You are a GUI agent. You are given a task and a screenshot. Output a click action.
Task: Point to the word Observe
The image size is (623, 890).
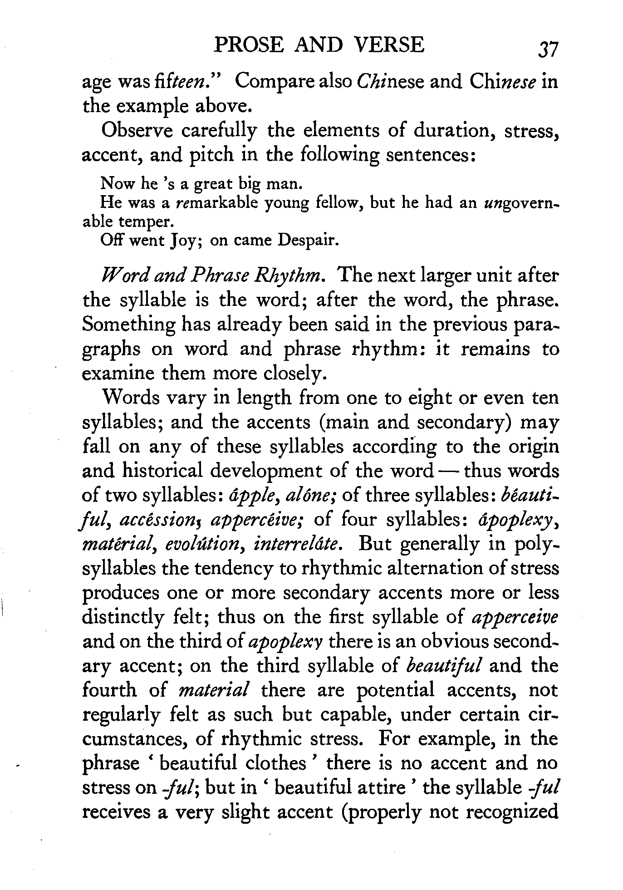coord(138,131)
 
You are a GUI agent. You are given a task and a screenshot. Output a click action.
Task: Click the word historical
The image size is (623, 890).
coord(162,471)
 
